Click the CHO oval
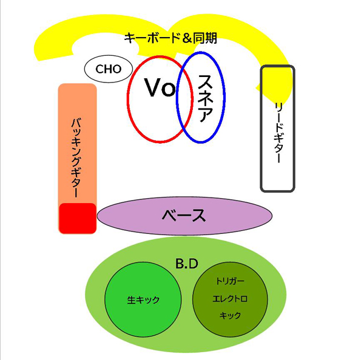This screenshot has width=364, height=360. (109, 69)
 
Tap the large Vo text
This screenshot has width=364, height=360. (160, 88)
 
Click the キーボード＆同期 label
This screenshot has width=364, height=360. (170, 38)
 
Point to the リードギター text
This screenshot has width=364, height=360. (278, 133)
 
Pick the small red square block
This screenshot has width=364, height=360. (77, 218)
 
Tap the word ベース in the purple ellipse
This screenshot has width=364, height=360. (184, 215)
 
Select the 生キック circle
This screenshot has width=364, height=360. (143, 299)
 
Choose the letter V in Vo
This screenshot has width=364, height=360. (152, 88)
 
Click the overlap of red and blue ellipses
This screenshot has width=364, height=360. (180, 97)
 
